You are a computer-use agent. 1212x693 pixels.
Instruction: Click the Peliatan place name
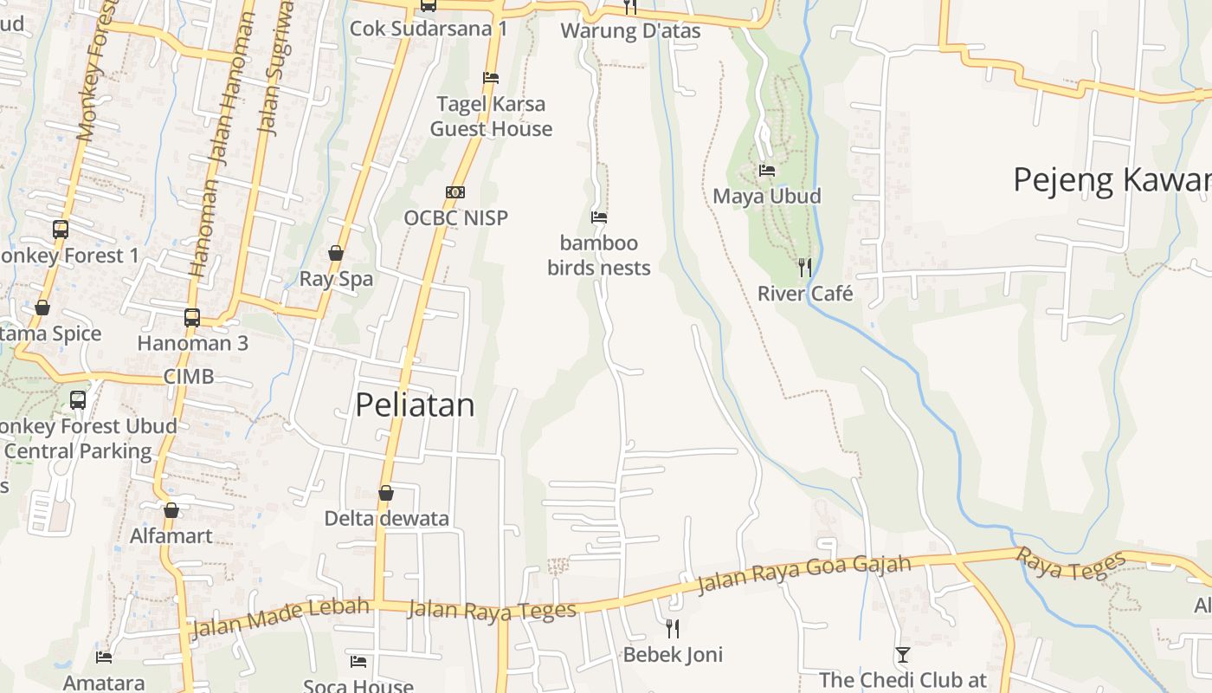point(416,405)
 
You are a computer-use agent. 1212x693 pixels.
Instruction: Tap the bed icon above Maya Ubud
point(767,171)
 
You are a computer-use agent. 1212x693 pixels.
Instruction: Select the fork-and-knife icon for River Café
point(805,268)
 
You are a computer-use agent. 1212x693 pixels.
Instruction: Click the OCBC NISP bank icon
point(455,192)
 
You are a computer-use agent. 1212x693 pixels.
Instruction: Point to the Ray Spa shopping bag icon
point(336,254)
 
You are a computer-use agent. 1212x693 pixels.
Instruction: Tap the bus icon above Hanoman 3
point(192,318)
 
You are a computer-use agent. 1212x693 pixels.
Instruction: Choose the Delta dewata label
point(386,518)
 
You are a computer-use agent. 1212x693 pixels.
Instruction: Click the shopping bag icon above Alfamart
point(171,510)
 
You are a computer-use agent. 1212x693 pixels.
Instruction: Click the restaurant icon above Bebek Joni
point(672,628)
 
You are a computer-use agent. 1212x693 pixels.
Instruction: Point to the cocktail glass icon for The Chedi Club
point(903,655)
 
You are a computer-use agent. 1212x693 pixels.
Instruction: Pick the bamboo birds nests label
point(599,255)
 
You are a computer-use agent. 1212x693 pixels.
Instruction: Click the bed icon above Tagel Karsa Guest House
point(491,78)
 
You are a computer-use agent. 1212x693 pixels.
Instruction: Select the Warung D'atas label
point(630,30)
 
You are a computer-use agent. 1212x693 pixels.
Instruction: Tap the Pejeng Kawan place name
point(1112,180)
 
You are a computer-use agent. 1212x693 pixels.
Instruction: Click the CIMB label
point(189,377)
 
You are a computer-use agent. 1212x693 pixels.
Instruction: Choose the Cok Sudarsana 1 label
point(429,29)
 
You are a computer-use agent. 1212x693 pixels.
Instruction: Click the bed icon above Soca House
point(358,662)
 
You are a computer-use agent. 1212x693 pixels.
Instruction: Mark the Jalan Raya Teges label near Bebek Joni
point(492,609)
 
